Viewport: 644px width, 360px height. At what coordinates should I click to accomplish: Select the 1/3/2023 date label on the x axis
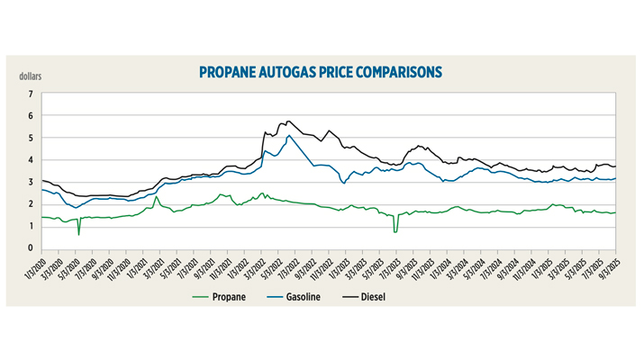point(335,265)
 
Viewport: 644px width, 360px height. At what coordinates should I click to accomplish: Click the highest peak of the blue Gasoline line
point(288,136)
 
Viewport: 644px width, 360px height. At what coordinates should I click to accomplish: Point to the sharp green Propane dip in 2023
point(395,232)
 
